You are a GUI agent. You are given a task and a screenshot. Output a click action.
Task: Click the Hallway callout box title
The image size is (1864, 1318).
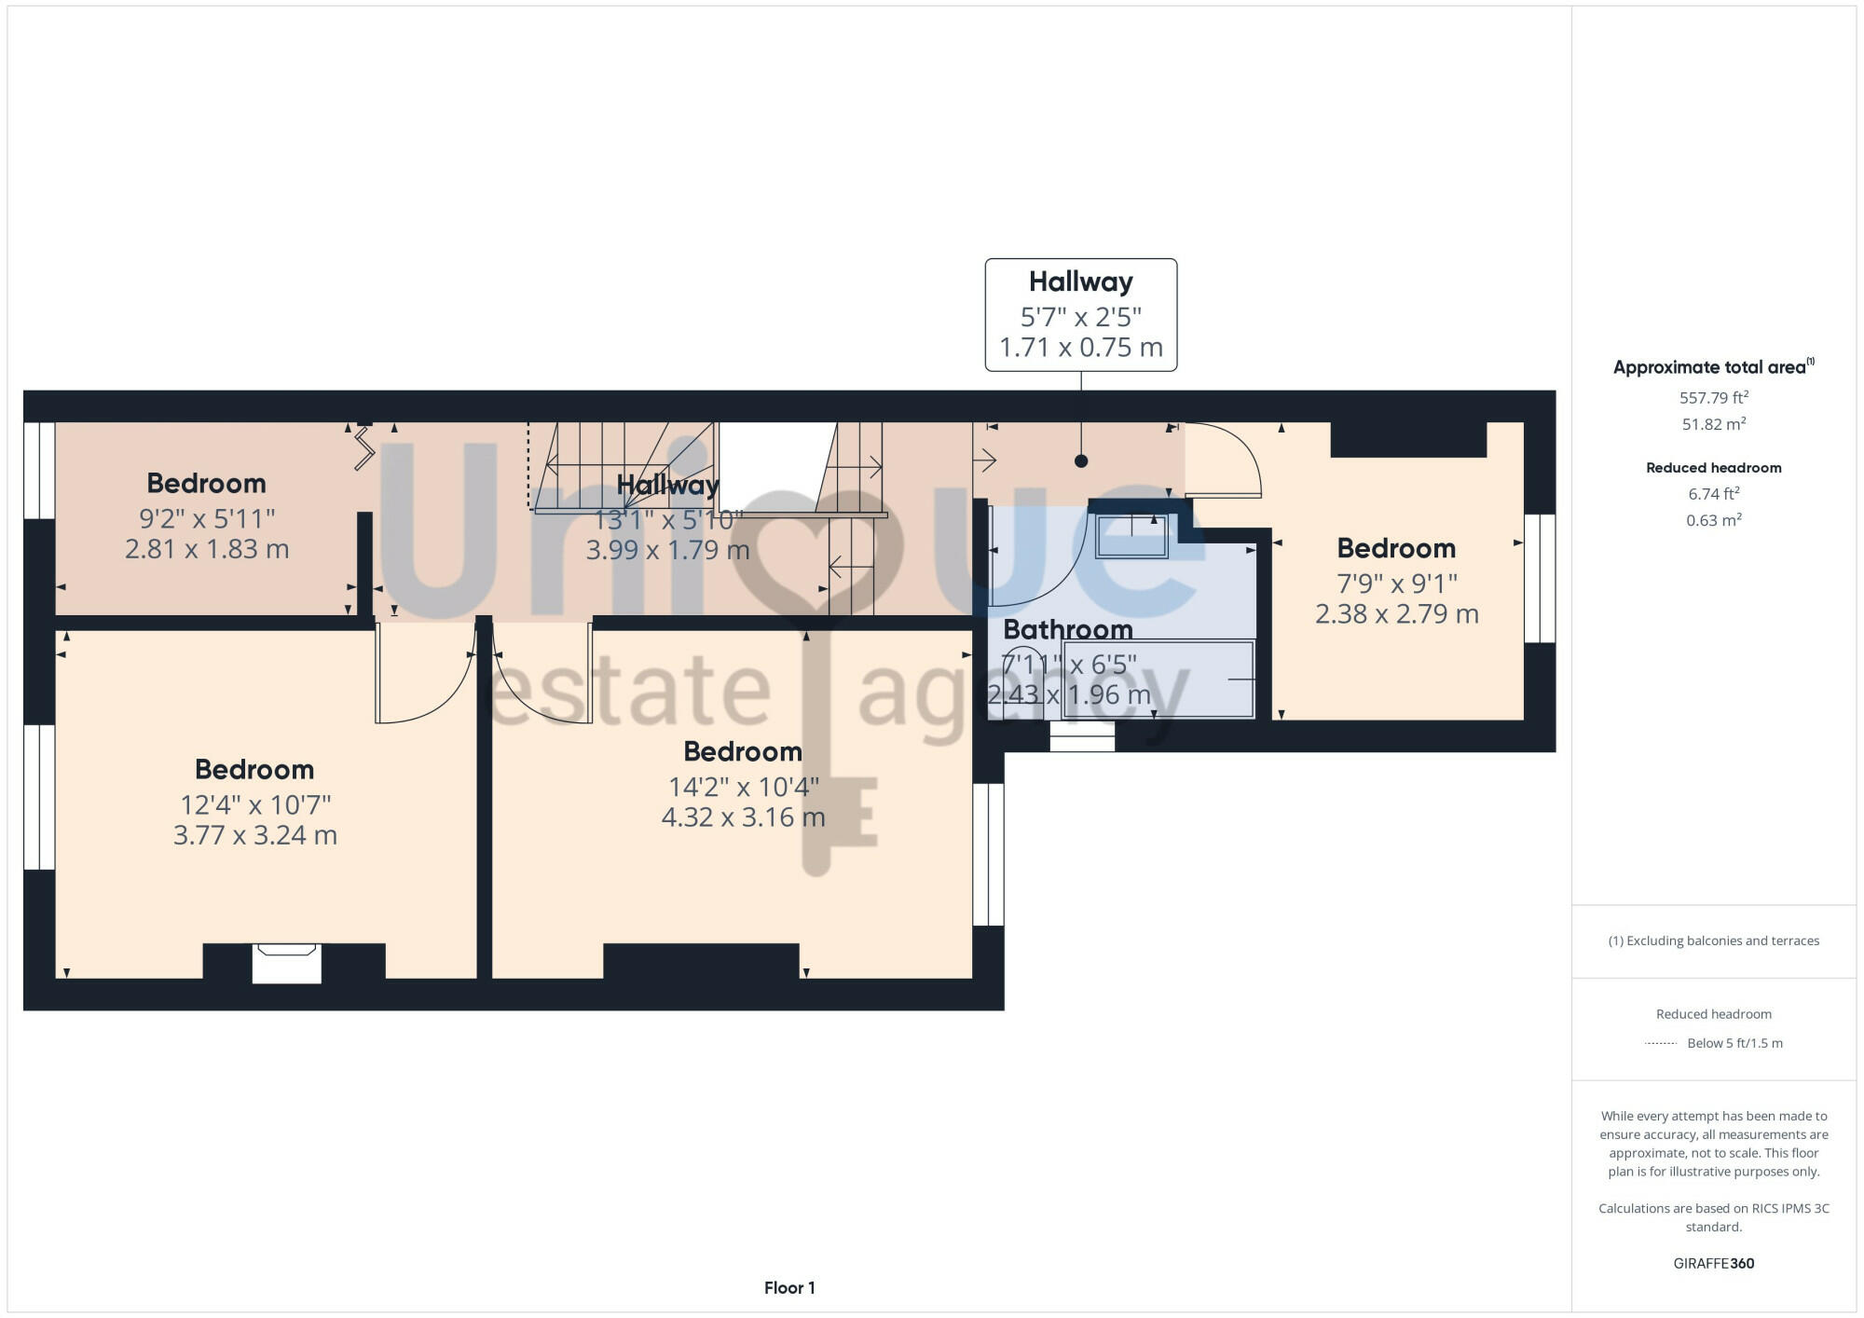tap(1080, 281)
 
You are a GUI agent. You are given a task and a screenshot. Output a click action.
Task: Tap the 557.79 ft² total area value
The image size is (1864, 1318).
tap(1713, 398)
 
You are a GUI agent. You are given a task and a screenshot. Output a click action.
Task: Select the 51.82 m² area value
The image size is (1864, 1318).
tap(1713, 424)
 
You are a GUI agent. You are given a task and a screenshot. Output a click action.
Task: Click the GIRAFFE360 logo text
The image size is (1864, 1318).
tap(1713, 1264)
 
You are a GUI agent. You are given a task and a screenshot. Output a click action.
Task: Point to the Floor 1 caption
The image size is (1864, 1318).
tap(789, 1288)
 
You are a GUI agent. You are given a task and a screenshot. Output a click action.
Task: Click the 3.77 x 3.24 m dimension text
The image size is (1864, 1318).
tap(254, 835)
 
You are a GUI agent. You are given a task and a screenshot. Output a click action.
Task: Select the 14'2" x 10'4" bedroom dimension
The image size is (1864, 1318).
tap(743, 787)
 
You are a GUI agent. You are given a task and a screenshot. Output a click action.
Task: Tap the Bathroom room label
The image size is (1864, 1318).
tap(1067, 629)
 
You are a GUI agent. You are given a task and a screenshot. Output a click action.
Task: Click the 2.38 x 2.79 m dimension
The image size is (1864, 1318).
tap(1396, 614)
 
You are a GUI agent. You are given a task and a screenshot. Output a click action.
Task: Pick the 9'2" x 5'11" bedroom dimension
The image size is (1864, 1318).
tap(206, 518)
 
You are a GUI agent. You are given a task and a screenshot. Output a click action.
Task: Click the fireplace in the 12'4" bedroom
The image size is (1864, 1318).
tap(287, 962)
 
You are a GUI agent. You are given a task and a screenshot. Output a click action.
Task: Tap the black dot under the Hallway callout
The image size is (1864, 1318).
tap(1080, 460)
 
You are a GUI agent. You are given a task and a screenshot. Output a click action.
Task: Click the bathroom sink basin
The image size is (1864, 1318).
tap(1131, 537)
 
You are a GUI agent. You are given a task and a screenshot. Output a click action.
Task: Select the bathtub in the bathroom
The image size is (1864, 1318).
tap(1158, 679)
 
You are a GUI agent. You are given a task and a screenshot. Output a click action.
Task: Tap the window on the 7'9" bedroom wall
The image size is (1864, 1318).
tap(1539, 578)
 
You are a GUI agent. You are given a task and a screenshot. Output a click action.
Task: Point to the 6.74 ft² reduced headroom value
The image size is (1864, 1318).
tap(1713, 494)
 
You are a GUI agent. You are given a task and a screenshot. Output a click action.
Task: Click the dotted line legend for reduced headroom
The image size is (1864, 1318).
tap(1661, 1043)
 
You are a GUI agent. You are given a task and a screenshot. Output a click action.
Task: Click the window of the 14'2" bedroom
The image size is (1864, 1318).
tap(988, 854)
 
